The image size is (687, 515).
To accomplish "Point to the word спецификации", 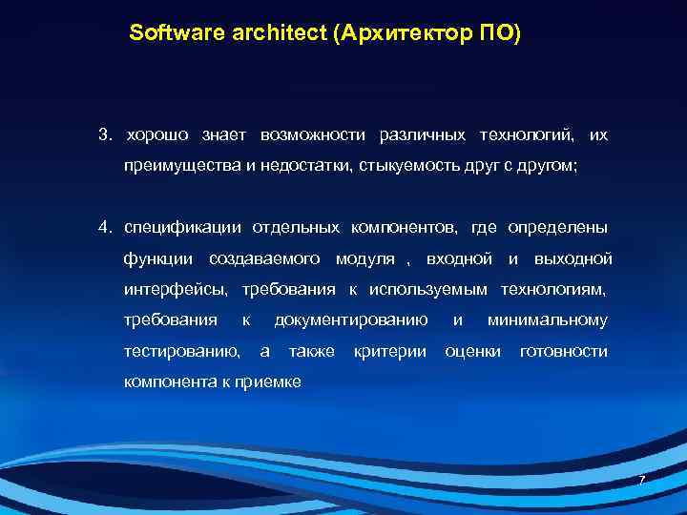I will point(180,228).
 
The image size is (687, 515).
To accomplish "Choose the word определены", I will point(556,228).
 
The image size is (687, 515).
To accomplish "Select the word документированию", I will point(350,319).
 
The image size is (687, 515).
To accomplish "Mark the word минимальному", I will point(547,319).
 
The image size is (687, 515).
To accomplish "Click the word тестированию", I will point(181,351).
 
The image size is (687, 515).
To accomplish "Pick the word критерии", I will point(389,351).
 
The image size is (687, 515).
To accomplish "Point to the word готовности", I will point(563,351).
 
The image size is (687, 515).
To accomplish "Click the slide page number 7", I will point(641,480).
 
